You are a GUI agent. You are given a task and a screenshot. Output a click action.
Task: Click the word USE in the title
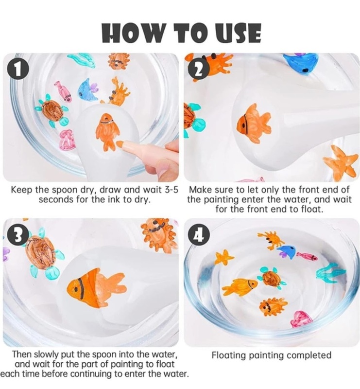238,33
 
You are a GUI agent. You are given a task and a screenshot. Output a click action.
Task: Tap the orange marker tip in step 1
120,143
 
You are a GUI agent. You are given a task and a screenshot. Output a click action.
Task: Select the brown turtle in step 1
51,111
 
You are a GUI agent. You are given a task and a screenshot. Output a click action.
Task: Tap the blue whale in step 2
301,63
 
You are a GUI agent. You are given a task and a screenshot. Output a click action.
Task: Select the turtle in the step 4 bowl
272,278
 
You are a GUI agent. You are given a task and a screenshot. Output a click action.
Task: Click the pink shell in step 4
301,319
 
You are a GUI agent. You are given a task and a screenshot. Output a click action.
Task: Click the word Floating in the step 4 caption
229,355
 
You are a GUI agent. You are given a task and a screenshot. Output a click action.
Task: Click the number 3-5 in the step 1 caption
171,190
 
